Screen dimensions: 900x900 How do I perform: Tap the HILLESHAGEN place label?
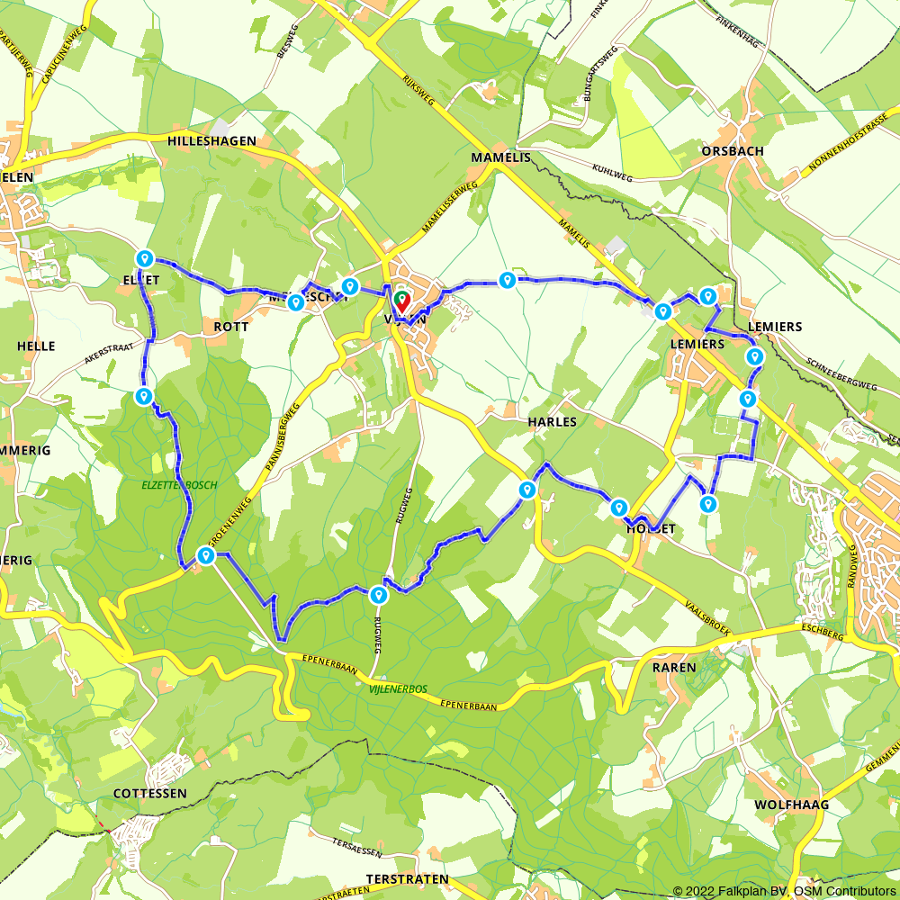click(211, 141)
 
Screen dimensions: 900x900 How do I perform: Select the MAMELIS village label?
click(501, 157)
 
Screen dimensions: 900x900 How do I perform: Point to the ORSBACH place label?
click(732, 151)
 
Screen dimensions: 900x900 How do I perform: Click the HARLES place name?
click(553, 421)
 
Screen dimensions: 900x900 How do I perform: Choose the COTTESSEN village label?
click(150, 793)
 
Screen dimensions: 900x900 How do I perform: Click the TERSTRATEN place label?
click(407, 878)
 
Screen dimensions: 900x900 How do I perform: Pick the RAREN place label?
click(675, 667)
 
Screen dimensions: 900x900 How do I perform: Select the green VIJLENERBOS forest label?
click(397, 689)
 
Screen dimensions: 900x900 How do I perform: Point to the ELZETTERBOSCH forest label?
click(179, 485)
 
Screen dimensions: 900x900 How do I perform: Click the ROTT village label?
click(231, 327)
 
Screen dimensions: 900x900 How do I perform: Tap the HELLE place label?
click(35, 346)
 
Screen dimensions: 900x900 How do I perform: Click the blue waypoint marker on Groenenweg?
click(206, 556)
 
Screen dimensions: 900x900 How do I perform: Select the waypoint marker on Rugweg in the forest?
click(379, 594)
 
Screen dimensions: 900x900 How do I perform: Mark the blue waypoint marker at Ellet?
click(144, 259)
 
